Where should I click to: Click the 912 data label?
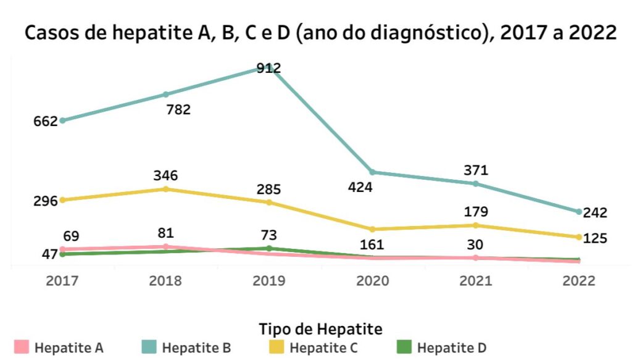[268, 68]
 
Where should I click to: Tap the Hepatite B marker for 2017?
[63, 120]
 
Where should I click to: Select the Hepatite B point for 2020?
[372, 172]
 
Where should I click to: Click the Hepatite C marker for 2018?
[165, 189]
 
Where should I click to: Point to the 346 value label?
[165, 175]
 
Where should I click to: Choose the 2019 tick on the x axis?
[268, 281]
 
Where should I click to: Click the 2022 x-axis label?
[578, 281]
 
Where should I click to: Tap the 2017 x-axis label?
[62, 281]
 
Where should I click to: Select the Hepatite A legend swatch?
[22, 347]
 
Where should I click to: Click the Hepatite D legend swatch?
[404, 347]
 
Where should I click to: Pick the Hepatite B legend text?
[196, 348]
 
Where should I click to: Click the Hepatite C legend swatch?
[276, 347]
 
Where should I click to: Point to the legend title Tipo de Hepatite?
[320, 328]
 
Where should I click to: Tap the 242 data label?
[595, 213]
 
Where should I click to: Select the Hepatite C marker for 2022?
[578, 237]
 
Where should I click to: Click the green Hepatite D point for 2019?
[268, 248]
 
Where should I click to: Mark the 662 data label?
[46, 121]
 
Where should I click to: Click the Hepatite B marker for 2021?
[475, 184]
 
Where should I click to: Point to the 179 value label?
[475, 212]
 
